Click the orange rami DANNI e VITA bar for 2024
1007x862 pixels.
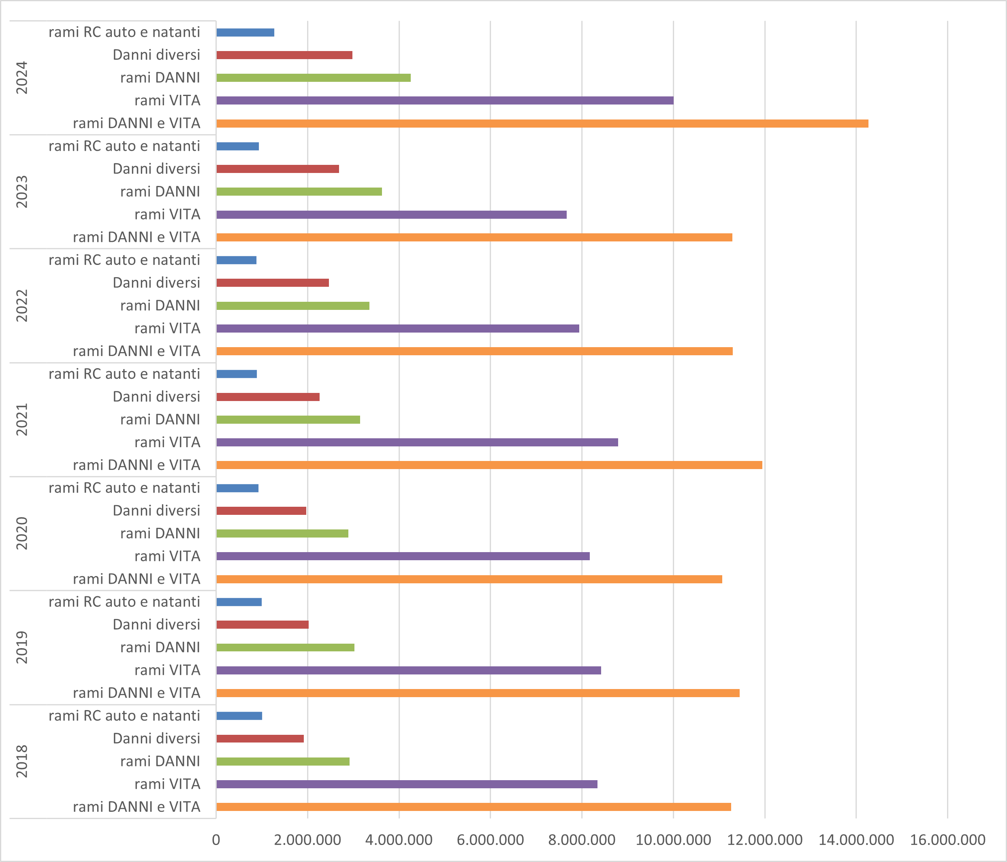(x=542, y=124)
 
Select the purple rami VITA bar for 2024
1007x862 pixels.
(x=445, y=100)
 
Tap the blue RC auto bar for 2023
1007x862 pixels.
(x=238, y=146)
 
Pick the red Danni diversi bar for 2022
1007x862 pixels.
(x=273, y=283)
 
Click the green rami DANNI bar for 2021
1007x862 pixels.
(x=288, y=419)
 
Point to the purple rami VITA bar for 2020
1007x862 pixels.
(x=403, y=556)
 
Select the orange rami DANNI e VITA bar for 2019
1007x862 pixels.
(x=478, y=693)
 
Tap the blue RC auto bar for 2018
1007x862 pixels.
(x=239, y=716)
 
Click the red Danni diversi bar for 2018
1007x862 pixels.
(x=260, y=738)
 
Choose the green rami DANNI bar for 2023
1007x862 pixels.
(x=299, y=192)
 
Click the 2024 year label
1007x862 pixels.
(x=22, y=78)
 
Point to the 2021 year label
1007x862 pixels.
(x=22, y=419)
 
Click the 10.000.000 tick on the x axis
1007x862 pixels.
(x=673, y=840)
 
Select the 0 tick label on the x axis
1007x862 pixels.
(x=216, y=840)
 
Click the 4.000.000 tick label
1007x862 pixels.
(x=399, y=840)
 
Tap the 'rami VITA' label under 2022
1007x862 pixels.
(x=167, y=329)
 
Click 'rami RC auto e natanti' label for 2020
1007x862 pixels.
(x=124, y=488)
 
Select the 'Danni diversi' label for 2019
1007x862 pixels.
(x=156, y=624)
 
